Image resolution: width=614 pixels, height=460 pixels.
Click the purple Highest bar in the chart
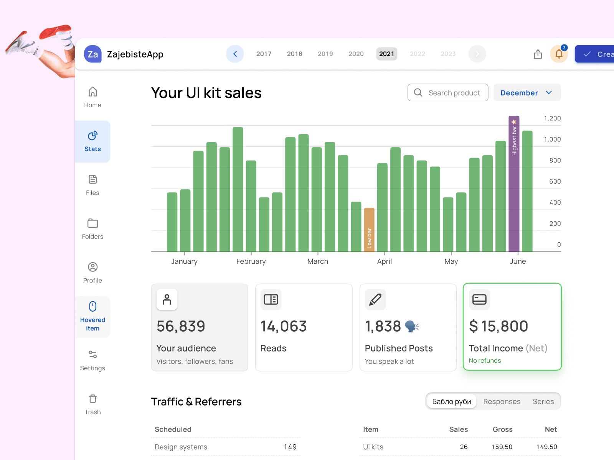point(514,184)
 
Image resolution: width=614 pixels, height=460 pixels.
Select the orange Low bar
point(369,230)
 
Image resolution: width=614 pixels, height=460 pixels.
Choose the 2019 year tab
point(325,54)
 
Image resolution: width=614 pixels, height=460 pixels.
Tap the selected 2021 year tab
point(386,54)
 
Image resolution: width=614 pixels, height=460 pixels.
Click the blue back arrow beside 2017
point(235,54)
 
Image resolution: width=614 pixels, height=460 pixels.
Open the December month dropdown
point(527,93)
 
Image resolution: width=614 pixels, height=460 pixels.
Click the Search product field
point(448,93)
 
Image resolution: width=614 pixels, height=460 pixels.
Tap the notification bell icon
point(559,54)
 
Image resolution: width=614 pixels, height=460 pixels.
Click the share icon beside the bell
point(538,54)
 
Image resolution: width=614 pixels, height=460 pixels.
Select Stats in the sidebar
point(92,141)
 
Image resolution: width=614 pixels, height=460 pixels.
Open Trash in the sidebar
point(92,404)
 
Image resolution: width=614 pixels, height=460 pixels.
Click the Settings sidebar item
point(92,360)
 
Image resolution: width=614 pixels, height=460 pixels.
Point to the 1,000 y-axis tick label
point(552,140)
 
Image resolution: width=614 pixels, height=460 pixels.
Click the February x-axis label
point(251,261)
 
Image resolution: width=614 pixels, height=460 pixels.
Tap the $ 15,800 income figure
point(498,326)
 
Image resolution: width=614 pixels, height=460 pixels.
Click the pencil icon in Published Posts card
point(375,299)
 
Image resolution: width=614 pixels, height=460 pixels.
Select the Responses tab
point(502,401)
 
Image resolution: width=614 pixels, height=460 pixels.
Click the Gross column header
point(502,429)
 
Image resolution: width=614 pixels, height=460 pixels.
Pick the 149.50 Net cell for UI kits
point(546,447)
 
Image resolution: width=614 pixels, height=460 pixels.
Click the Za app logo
point(93,54)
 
